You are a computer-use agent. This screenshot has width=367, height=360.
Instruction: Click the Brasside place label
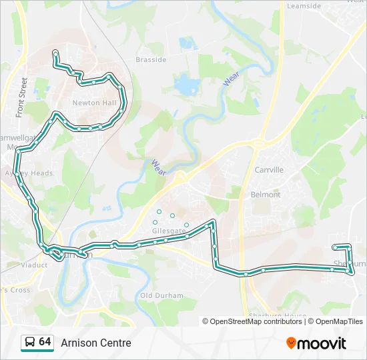tap(151, 59)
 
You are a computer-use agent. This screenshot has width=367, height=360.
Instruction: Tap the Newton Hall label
tap(94, 103)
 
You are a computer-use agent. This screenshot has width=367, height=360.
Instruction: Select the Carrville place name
tap(269, 170)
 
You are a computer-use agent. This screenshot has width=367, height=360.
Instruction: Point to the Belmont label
tap(265, 195)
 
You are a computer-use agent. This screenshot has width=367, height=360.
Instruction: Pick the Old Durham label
tap(157, 295)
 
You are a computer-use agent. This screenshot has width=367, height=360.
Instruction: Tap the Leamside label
tap(303, 6)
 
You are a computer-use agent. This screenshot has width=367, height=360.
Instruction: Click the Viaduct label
tap(34, 265)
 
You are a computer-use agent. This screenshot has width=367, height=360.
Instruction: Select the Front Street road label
tap(22, 97)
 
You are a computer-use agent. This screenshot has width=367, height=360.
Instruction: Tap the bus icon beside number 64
tap(29, 343)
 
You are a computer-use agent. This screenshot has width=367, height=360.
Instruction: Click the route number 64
tap(45, 342)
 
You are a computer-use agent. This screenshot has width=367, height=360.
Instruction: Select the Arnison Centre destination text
tap(96, 343)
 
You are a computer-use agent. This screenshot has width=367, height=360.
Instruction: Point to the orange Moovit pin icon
tap(291, 343)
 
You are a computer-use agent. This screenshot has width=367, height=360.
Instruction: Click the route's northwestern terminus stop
tap(55, 52)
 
